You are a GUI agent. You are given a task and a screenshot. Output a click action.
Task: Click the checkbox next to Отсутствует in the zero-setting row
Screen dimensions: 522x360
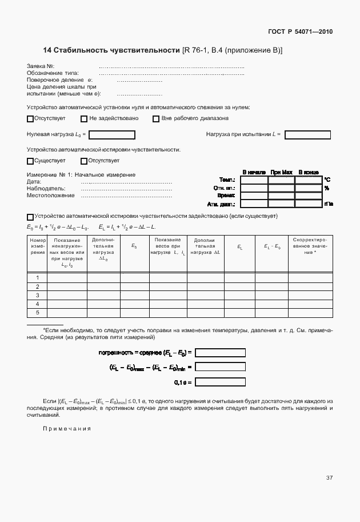coord(30,119)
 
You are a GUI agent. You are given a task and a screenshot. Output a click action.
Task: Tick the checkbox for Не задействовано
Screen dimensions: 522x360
coord(84,119)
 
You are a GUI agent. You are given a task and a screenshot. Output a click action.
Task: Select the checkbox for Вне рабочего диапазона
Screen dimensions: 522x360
coord(155,119)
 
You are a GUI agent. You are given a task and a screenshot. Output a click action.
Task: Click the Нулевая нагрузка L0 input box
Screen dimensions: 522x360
coord(112,135)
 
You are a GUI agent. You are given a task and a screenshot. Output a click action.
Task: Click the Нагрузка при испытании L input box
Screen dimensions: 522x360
coord(307,135)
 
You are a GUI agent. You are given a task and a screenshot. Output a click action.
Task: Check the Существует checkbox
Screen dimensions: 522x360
coord(30,161)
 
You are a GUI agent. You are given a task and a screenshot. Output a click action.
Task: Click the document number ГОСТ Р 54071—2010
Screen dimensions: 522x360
coord(300,31)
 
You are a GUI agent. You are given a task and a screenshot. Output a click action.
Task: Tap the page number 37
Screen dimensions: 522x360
coord(329,477)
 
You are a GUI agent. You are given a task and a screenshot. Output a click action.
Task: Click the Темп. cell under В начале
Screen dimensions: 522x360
coord(254,180)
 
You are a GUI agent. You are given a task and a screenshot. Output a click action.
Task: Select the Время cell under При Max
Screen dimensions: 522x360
coord(281,196)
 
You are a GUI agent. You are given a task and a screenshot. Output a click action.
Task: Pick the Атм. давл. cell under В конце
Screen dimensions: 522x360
coord(309,204)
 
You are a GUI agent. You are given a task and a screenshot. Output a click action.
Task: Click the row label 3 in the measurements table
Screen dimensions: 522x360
coord(37,295)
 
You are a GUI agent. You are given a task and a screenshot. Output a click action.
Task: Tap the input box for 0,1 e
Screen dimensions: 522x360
coord(221,382)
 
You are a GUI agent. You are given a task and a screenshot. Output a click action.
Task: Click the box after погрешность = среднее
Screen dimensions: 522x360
coord(221,353)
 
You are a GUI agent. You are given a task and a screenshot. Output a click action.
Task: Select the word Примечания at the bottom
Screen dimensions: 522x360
coord(67,429)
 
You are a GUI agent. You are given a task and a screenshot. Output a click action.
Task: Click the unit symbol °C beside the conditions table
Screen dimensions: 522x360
coord(327,180)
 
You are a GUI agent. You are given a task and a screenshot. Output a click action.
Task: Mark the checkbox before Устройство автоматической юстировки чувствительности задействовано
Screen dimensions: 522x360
coord(30,217)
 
